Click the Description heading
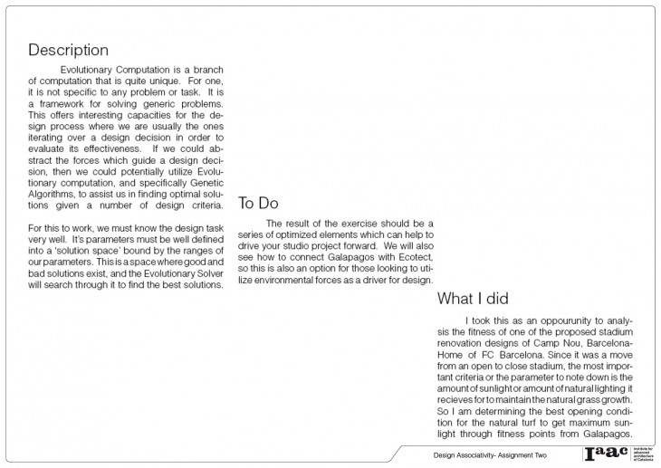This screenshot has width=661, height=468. coord(68,50)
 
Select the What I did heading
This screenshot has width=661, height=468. coord(474,299)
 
